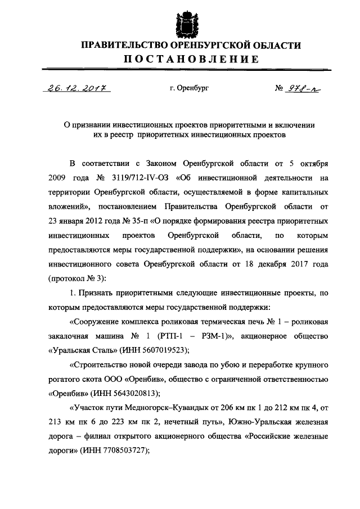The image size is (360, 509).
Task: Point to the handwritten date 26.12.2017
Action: [70, 88]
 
